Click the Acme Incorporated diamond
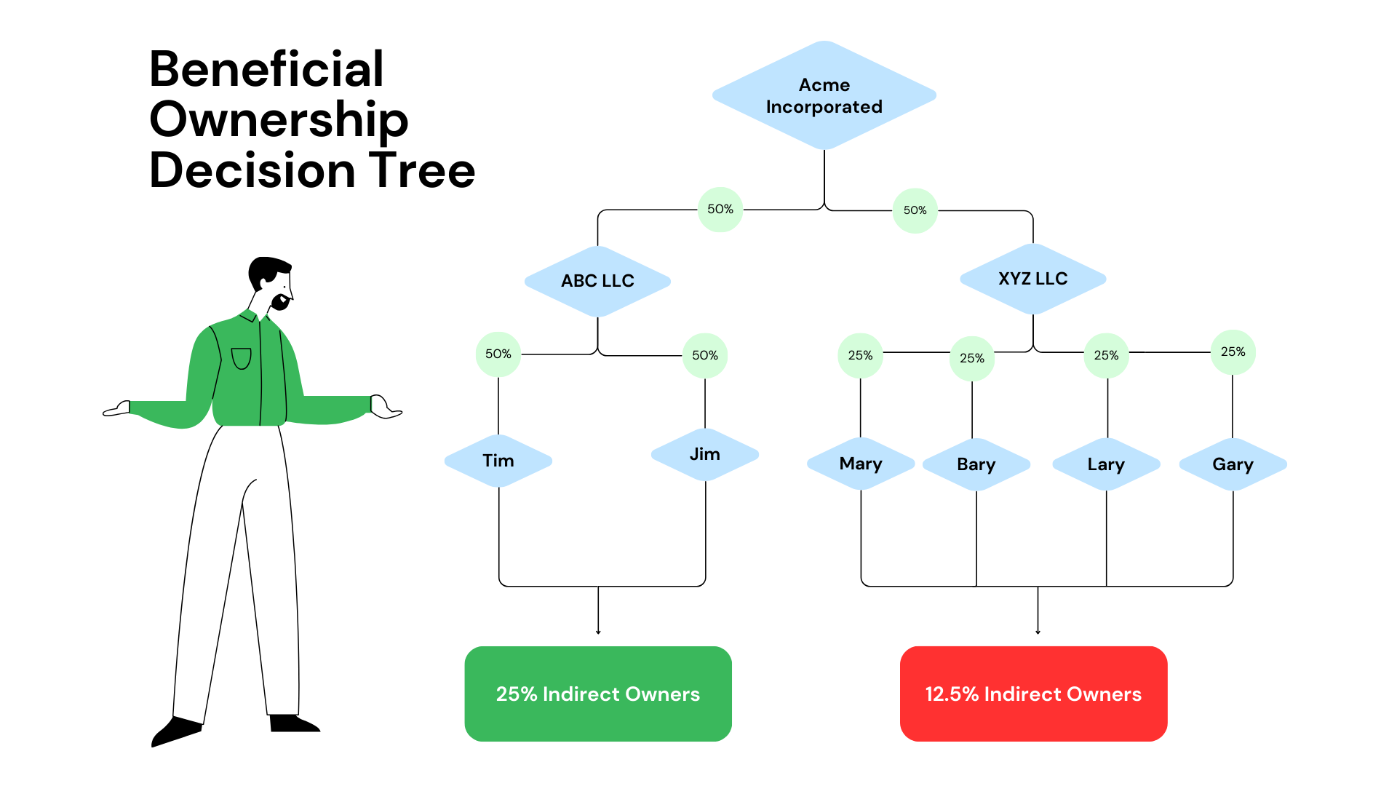click(824, 95)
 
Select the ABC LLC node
click(597, 281)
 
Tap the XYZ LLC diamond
click(1032, 279)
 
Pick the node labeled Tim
click(498, 461)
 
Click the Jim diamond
click(704, 454)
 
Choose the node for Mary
click(861, 464)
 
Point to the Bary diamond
click(976, 464)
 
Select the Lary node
click(1106, 464)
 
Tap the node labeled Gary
click(1233, 464)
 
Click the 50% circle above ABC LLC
click(720, 210)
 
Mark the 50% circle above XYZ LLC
click(915, 210)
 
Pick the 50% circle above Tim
click(498, 354)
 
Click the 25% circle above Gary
click(1233, 352)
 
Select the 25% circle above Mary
click(860, 356)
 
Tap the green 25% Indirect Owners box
click(598, 694)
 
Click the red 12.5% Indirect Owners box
click(1033, 694)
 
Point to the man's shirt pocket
click(241, 358)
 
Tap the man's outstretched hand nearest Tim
click(386, 408)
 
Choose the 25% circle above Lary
click(1106, 356)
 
